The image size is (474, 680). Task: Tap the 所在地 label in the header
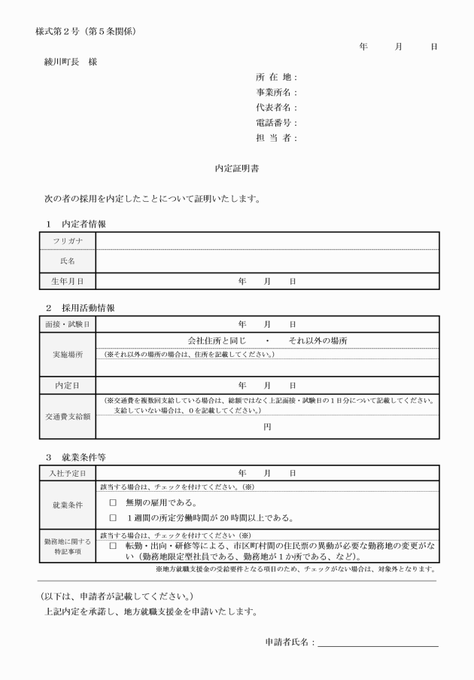pos(276,77)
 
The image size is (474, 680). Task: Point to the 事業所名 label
pos(276,92)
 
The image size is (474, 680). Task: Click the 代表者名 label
pos(276,107)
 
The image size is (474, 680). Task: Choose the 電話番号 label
pos(276,122)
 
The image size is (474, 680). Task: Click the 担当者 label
pos(276,138)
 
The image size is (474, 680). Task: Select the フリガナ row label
pos(68,241)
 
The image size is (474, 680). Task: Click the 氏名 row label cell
pos(68,261)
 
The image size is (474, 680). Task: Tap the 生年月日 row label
pos(68,281)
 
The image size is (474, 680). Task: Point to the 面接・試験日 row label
pos(68,324)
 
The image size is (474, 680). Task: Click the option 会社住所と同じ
pos(217,340)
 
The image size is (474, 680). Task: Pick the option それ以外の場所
pos(318,340)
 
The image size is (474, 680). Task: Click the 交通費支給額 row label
pos(68,415)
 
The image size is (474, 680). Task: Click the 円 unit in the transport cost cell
pos(267,426)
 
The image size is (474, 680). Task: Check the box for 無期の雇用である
pos(113,502)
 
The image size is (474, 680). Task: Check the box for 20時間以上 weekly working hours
pos(113,518)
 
